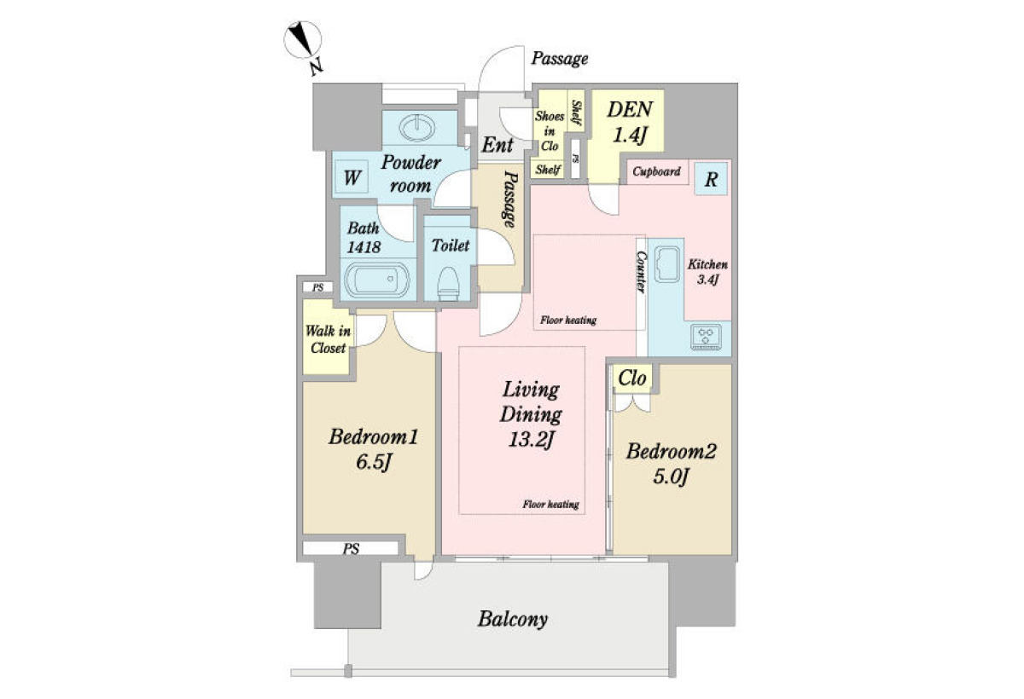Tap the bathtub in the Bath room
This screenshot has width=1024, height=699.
click(377, 280)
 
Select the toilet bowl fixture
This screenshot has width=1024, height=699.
click(448, 283)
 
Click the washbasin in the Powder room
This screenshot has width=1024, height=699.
click(417, 128)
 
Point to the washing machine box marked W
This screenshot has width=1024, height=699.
click(352, 177)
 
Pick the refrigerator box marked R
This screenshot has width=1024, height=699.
click(711, 179)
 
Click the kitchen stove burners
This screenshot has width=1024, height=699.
click(707, 337)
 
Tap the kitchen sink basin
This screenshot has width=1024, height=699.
click(667, 264)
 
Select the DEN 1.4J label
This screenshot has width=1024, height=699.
click(630, 121)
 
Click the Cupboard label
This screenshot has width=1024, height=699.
click(656, 171)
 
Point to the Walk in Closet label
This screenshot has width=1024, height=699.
click(328, 338)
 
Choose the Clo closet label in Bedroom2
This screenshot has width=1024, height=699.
click(632, 378)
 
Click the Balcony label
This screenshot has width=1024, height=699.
click(513, 620)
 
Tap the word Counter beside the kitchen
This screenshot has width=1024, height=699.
click(641, 272)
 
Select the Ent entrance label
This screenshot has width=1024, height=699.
click(497, 145)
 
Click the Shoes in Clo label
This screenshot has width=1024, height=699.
click(550, 131)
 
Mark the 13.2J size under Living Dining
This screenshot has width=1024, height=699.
click(531, 439)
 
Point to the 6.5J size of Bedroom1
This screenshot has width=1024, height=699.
click(374, 462)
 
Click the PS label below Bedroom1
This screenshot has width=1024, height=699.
click(351, 548)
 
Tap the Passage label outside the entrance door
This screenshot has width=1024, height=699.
click(559, 59)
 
